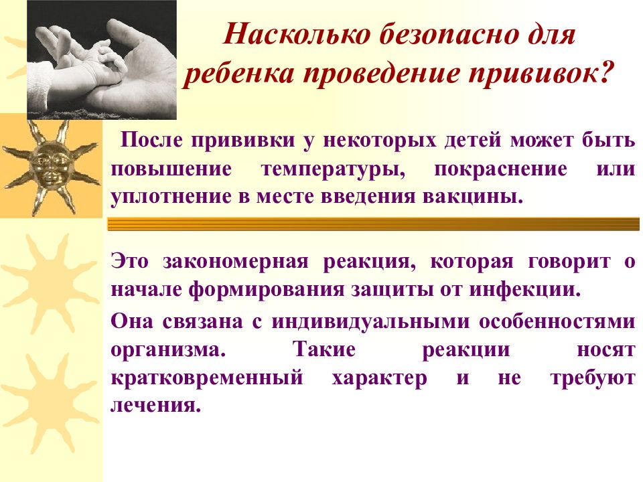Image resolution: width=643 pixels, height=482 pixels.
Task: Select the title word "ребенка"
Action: point(233,73)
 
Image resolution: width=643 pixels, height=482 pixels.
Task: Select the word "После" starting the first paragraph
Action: point(153,142)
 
